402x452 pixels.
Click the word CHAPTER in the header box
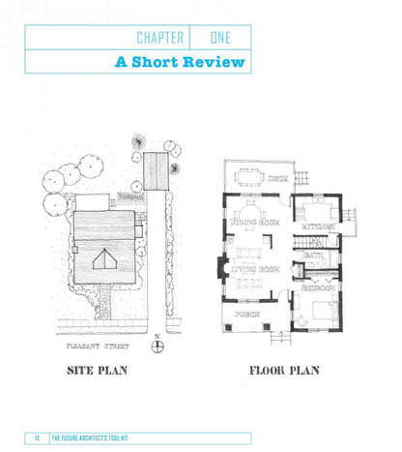point(160,38)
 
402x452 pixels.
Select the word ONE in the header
point(220,38)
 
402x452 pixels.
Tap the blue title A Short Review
point(180,62)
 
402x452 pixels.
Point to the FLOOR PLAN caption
point(284,370)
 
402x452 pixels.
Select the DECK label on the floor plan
point(278,178)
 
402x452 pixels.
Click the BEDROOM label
point(316,287)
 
